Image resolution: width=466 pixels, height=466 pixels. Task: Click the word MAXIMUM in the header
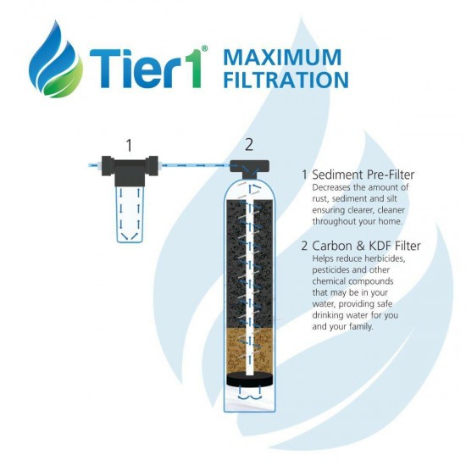click(x=281, y=58)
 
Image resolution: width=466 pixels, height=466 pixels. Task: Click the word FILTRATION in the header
click(x=286, y=80)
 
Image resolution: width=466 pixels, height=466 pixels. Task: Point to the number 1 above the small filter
click(x=129, y=146)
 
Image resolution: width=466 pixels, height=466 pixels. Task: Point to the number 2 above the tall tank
click(x=249, y=145)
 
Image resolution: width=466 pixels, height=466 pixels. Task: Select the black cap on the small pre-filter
click(x=129, y=164)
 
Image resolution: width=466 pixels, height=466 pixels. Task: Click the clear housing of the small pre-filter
click(x=129, y=212)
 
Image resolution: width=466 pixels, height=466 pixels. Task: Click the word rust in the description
click(x=321, y=199)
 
